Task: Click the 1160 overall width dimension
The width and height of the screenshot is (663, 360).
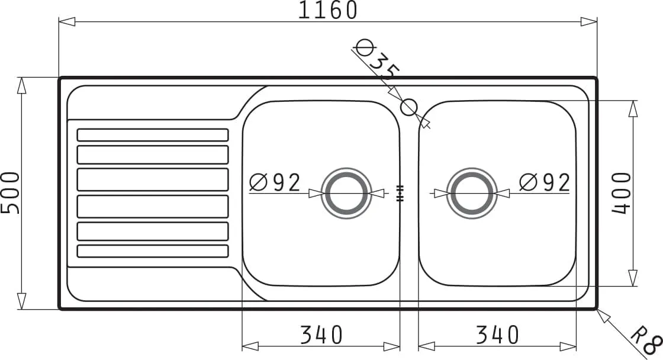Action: [x=328, y=10]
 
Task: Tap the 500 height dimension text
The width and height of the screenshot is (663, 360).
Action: [x=10, y=193]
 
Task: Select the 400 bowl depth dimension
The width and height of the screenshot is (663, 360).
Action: [x=622, y=193]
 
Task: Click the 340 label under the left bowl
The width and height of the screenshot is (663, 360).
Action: [x=321, y=335]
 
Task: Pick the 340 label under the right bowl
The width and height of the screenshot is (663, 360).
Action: [x=497, y=335]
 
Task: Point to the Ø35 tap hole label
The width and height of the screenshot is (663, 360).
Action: [x=376, y=59]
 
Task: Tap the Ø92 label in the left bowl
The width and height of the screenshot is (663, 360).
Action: [x=275, y=182]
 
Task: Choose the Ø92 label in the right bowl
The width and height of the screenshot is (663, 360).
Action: [x=545, y=182]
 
